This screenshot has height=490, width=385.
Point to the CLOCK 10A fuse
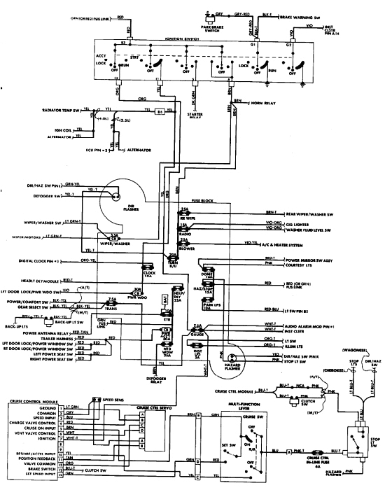148,271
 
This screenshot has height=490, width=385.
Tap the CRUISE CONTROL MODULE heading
34,402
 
